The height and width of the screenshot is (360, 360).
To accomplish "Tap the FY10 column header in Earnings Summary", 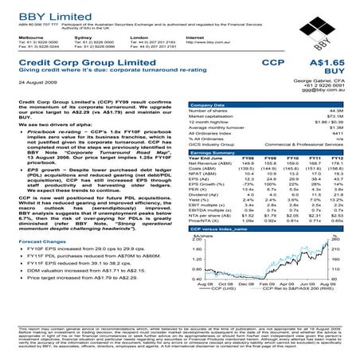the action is [288, 158].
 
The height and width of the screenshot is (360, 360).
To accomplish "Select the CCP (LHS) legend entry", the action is [221, 288].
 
